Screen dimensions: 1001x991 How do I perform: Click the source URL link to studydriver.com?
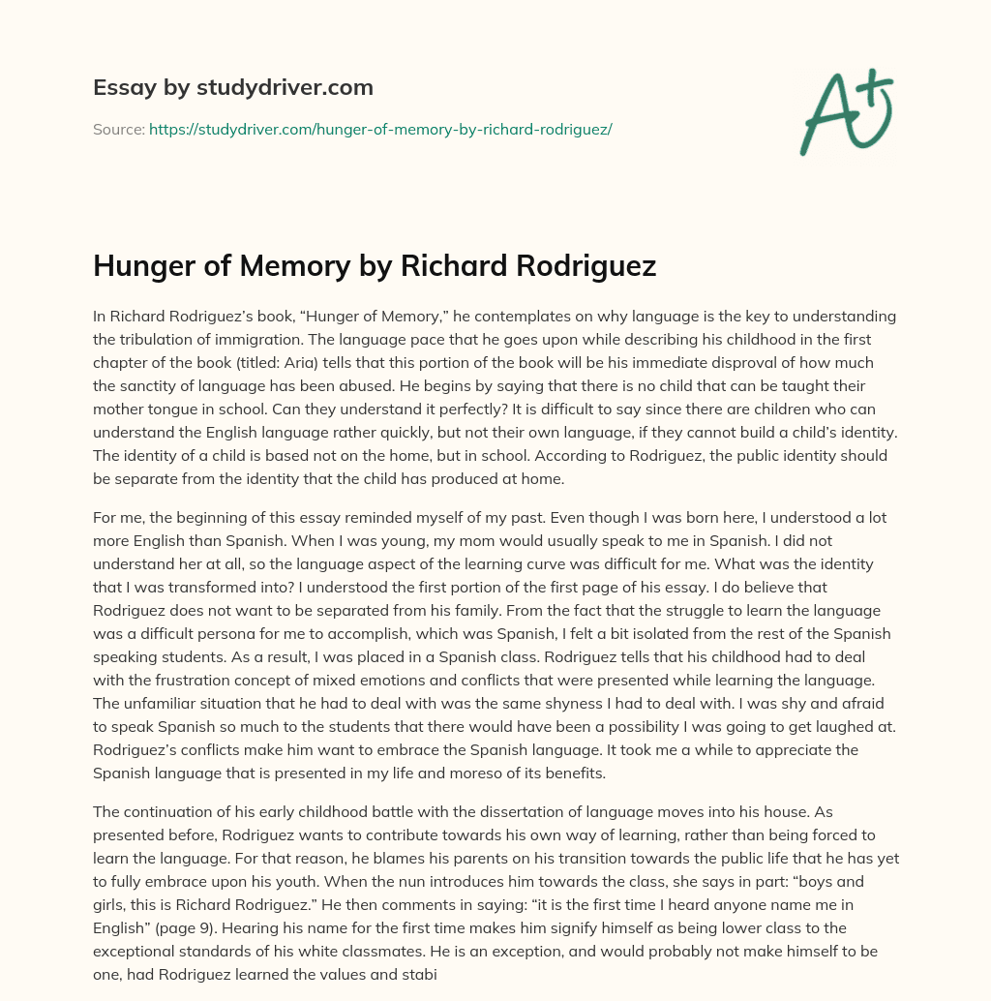click(x=380, y=128)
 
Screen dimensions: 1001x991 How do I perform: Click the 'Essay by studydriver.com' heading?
click(x=232, y=87)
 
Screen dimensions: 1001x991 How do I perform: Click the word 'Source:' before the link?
click(x=119, y=128)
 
